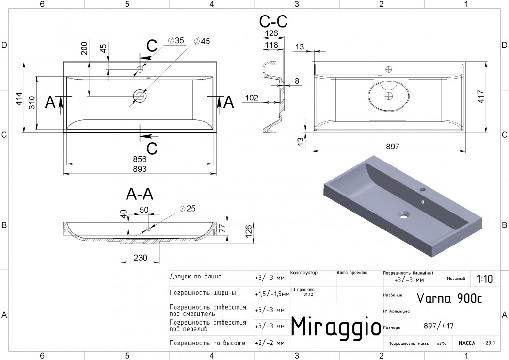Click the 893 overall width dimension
(x=140, y=169)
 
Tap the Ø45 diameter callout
(x=202, y=41)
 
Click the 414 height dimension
(x=18, y=98)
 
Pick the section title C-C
(x=273, y=22)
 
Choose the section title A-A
(x=140, y=194)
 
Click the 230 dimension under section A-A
(x=140, y=259)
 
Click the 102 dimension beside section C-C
(x=252, y=98)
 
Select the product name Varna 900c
(x=449, y=297)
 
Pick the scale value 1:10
(x=485, y=279)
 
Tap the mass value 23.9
(x=490, y=343)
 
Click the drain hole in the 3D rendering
(x=403, y=213)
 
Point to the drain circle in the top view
(x=140, y=96)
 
